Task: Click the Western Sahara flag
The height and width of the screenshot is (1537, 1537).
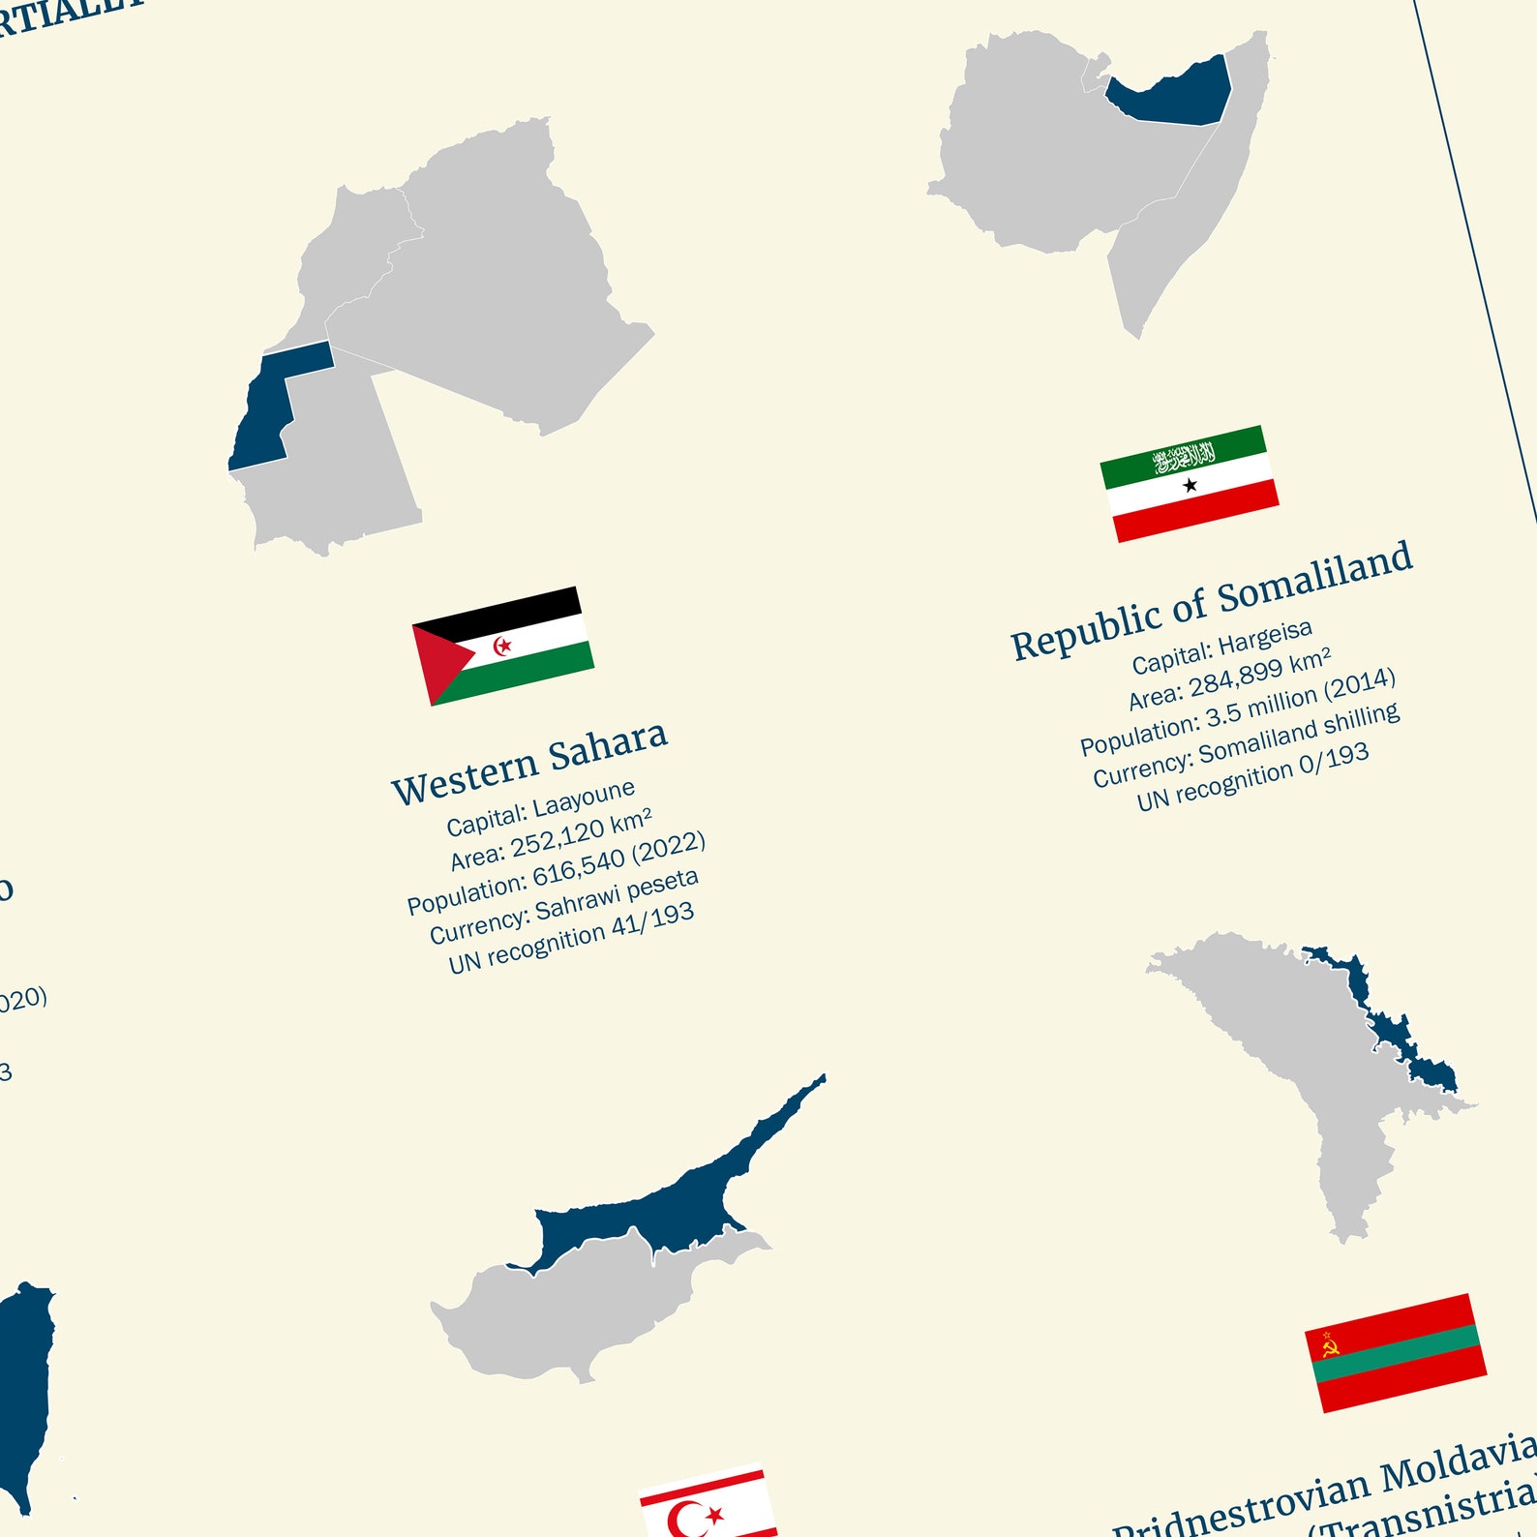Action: [x=503, y=646]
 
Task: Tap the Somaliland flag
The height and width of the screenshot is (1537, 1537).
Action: [x=1190, y=483]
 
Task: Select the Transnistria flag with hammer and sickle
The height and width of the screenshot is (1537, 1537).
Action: [x=1396, y=1352]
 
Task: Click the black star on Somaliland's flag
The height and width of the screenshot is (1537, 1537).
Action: [x=1190, y=485]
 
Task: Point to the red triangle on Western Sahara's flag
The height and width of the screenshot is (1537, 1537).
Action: [x=438, y=661]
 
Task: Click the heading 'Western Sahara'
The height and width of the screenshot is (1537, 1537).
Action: [x=529, y=763]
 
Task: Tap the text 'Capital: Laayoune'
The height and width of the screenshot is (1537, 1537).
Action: [x=540, y=807]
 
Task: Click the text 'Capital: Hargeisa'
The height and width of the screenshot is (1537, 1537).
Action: [x=1222, y=647]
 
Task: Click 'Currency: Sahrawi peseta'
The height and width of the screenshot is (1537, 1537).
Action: [x=564, y=906]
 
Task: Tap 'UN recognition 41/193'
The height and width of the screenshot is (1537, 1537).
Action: [x=571, y=937]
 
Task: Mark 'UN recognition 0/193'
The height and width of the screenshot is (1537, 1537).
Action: [x=1252, y=776]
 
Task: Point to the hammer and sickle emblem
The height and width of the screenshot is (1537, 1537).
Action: [x=1330, y=1344]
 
